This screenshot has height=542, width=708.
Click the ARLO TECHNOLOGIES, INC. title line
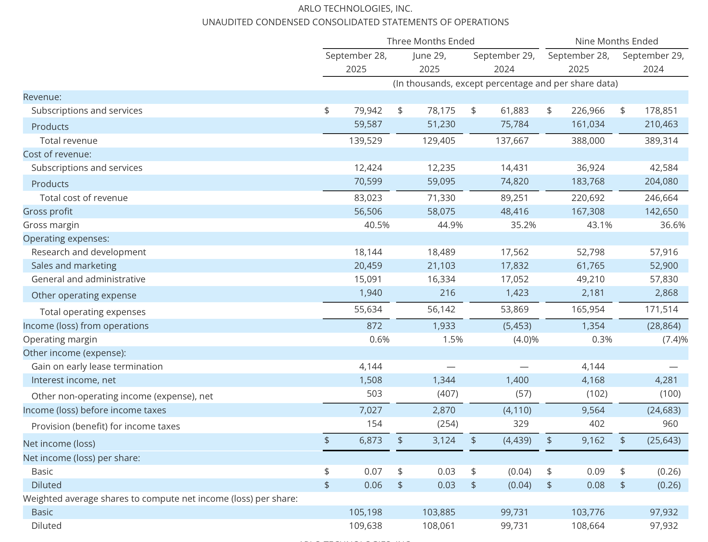click(x=355, y=8)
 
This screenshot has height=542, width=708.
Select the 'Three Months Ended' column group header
click(x=430, y=41)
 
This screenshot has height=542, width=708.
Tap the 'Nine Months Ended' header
click(x=616, y=41)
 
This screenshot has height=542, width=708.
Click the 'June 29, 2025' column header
click(x=429, y=62)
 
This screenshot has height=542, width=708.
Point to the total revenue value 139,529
click(x=368, y=141)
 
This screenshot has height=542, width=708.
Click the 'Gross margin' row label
click(x=51, y=225)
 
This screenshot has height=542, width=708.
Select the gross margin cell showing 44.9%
click(x=450, y=225)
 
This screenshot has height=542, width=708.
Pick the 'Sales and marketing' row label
click(x=74, y=266)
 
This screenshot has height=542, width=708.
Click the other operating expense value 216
click(x=447, y=293)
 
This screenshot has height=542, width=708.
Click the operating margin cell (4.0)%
click(x=526, y=340)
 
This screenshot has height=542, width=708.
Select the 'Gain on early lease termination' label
click(x=97, y=367)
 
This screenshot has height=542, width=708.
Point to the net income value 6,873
click(x=370, y=440)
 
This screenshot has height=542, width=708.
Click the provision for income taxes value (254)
click(x=447, y=424)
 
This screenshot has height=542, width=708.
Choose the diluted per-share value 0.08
click(x=596, y=485)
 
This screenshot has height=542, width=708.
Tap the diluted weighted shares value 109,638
click(x=365, y=526)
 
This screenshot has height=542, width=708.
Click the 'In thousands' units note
click(x=505, y=84)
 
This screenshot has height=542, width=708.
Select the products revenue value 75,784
click(x=514, y=124)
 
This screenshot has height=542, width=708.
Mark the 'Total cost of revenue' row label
click(x=84, y=198)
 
